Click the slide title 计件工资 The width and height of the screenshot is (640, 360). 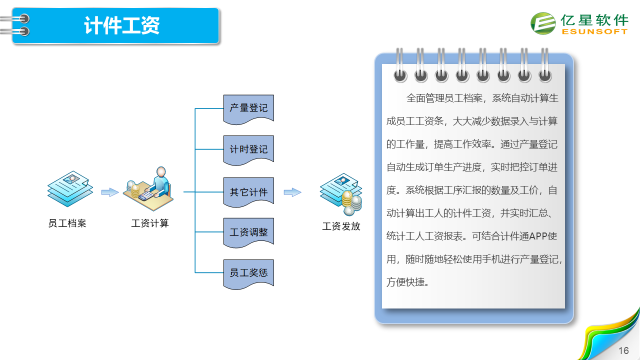click(121, 25)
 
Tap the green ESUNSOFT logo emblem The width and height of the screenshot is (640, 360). click(543, 23)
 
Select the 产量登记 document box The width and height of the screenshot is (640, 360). click(248, 109)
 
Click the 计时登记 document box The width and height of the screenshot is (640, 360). click(248, 150)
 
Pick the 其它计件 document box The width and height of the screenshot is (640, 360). click(248, 192)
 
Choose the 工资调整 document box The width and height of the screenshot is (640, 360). click(248, 233)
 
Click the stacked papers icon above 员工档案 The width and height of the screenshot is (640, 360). click(70, 189)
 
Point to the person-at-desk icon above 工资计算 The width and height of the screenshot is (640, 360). click(148, 189)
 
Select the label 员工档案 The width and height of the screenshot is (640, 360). click(67, 223)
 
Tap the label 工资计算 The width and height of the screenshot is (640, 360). click(150, 223)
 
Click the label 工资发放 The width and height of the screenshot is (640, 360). click(341, 226)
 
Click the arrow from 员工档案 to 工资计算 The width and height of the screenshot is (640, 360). click(110, 192)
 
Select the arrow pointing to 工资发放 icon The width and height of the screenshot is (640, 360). click(292, 192)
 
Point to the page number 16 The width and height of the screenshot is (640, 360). click(623, 350)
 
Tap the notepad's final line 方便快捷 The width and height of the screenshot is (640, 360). click(407, 282)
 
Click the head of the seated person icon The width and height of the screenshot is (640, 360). click(161, 171)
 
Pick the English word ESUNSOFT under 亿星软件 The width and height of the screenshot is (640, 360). click(594, 31)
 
